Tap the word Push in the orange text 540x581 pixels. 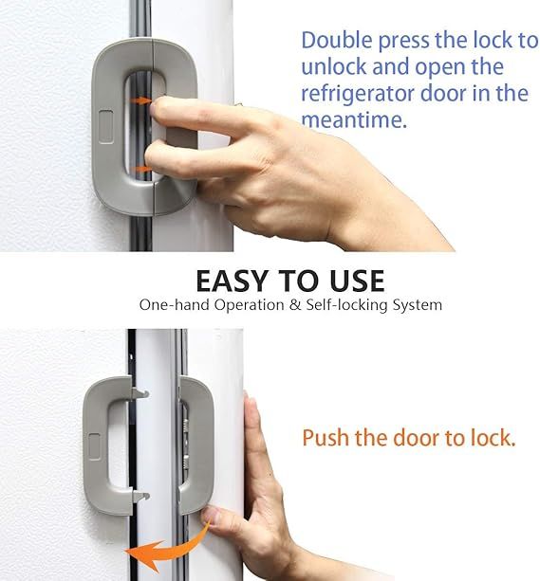325,439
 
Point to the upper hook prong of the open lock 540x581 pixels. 140,392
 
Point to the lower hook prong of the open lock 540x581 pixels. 140,493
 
